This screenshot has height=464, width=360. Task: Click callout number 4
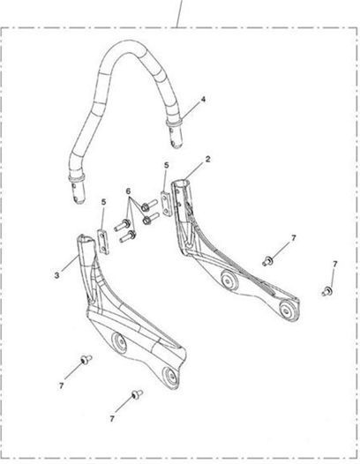(x=203, y=100)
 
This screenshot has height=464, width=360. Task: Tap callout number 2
(x=208, y=159)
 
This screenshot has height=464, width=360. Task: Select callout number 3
(x=56, y=275)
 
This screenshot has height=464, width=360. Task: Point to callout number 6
(x=128, y=191)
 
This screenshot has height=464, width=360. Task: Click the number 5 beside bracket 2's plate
(x=167, y=166)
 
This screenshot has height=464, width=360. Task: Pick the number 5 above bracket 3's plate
(x=103, y=202)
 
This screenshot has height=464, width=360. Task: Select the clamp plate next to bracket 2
(x=166, y=204)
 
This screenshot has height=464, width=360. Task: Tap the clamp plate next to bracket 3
(x=103, y=242)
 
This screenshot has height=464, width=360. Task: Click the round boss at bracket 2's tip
(x=287, y=311)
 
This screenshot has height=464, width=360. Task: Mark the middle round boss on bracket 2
(x=228, y=281)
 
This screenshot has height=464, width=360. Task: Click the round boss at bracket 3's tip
(x=171, y=377)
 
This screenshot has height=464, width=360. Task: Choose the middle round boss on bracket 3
(x=119, y=343)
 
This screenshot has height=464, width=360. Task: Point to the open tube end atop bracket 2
(x=182, y=183)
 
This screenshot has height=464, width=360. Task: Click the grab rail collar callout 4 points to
(x=174, y=123)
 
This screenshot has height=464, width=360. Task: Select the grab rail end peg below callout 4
(x=176, y=137)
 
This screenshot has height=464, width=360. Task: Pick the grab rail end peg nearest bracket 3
(x=79, y=192)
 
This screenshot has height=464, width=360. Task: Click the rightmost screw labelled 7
(x=327, y=291)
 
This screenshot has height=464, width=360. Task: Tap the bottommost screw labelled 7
(x=137, y=394)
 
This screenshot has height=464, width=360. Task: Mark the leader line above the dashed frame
(x=179, y=13)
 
